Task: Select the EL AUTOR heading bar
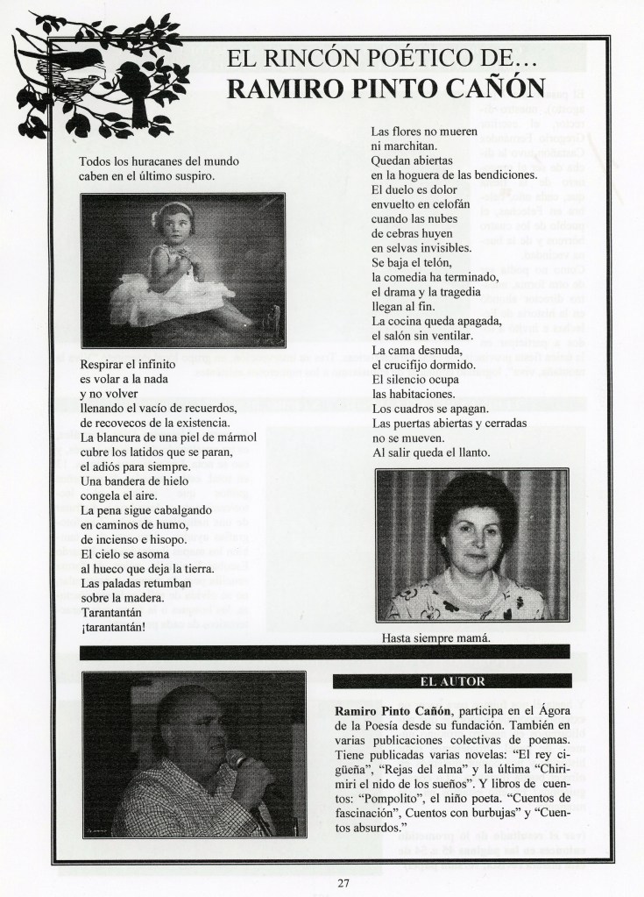pos(452,680)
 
